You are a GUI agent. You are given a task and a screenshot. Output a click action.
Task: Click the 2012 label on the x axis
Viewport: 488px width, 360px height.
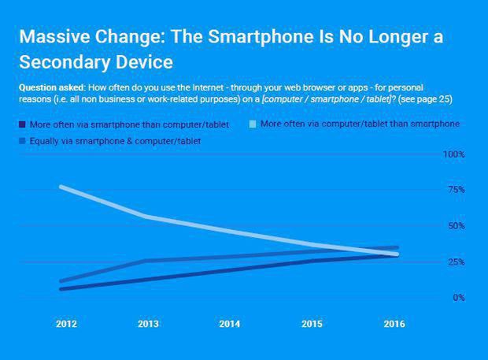(66, 323)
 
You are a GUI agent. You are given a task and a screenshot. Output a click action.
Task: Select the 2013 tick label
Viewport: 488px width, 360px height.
(147, 323)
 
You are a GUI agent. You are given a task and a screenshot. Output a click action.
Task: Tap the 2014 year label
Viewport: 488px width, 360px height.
(230, 323)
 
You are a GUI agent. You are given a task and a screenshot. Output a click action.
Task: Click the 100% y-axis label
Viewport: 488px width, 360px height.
(454, 154)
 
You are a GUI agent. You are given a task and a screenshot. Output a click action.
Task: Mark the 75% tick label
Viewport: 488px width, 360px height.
(456, 191)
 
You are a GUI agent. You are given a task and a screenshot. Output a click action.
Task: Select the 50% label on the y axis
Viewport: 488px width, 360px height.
(456, 226)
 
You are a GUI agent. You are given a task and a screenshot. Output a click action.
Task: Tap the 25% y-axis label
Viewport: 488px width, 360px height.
(456, 262)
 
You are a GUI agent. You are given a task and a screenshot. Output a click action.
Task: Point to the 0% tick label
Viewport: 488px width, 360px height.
(458, 298)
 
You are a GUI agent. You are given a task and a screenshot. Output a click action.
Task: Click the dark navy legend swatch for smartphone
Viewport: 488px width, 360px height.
(22, 124)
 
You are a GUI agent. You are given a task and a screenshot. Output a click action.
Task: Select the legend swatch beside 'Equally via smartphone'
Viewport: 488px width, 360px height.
(22, 141)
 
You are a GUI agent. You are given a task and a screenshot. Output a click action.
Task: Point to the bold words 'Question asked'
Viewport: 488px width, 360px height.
(48, 85)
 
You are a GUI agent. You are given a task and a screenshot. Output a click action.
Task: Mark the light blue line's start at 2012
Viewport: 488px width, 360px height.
(61, 187)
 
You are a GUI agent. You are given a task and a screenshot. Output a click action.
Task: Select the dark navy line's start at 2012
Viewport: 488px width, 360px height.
(61, 289)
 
